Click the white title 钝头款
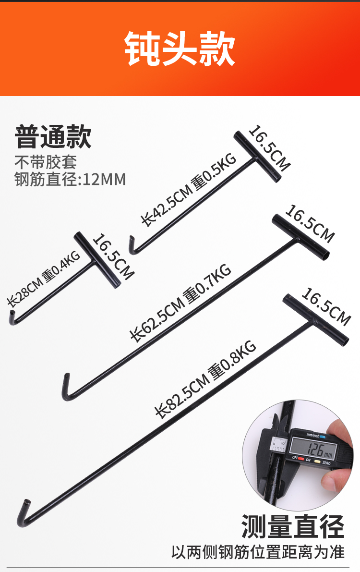(x=180, y=49)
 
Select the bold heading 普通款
(x=53, y=136)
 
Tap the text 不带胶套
(x=46, y=162)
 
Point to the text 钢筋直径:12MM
(x=70, y=179)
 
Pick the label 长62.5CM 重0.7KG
(x=180, y=303)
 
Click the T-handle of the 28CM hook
(x=96, y=260)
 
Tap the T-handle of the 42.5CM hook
(x=256, y=157)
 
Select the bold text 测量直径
(x=293, y=526)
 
